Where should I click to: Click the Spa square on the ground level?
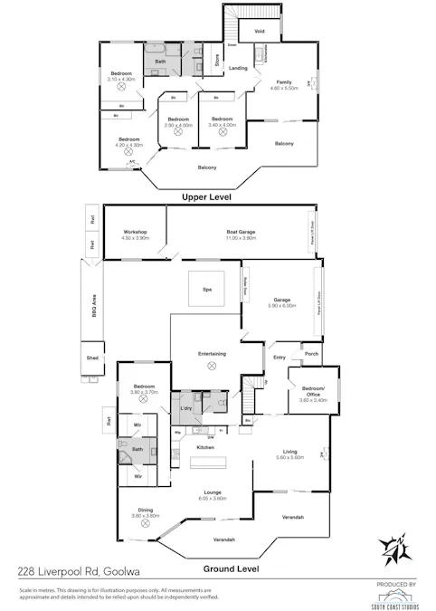point(205,289)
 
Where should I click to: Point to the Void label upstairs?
point(259,32)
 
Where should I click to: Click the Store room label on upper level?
point(217,62)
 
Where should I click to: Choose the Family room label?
point(284,81)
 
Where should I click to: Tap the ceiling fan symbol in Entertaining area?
point(213,366)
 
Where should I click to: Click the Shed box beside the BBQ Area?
point(92,358)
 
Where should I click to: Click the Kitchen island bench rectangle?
point(213,462)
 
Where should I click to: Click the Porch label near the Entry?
point(312,354)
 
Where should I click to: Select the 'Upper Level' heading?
point(207,196)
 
